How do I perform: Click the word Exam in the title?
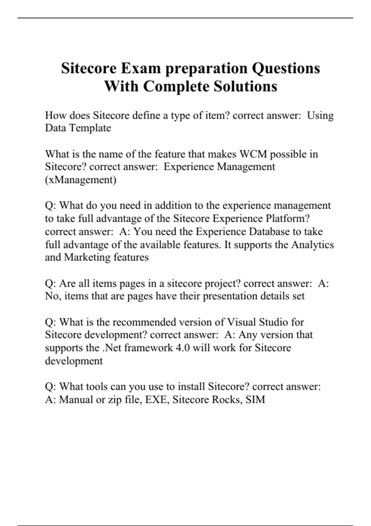141,68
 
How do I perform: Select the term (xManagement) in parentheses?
81,180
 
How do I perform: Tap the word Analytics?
313,244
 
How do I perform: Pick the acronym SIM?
255,399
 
